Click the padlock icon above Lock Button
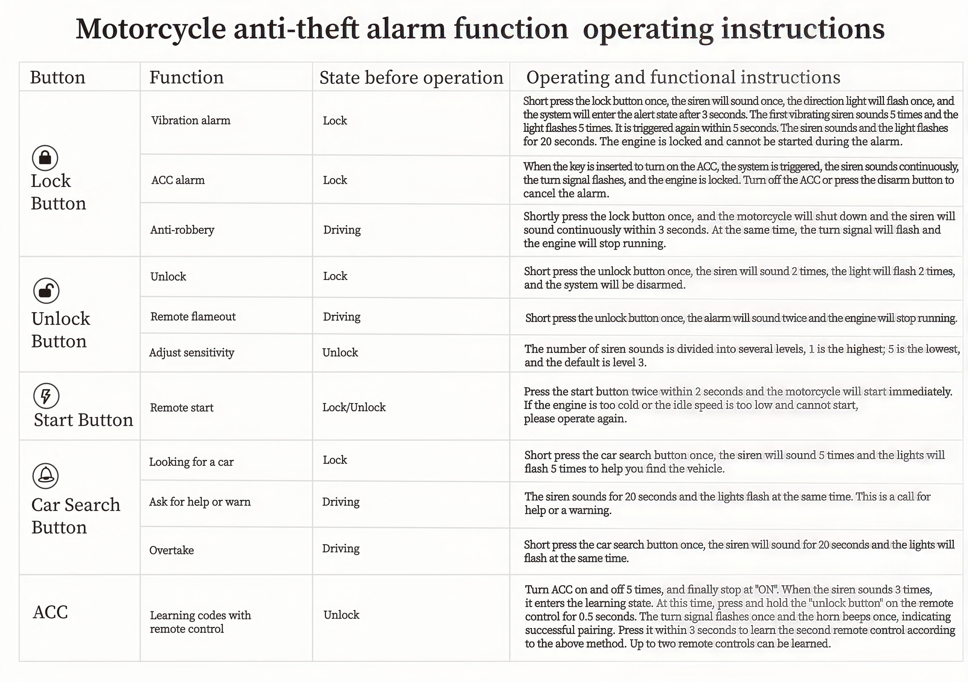(45, 158)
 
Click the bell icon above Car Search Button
(45, 476)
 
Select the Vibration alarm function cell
(191, 121)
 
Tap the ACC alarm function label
(178, 180)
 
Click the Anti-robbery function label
(182, 230)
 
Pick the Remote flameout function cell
(193, 316)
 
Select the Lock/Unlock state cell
(354, 407)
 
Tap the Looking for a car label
(191, 462)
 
